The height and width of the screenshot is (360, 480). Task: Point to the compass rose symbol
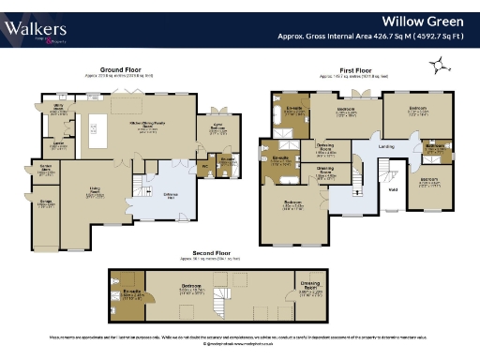437,65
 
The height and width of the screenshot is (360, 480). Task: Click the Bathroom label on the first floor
435,147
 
